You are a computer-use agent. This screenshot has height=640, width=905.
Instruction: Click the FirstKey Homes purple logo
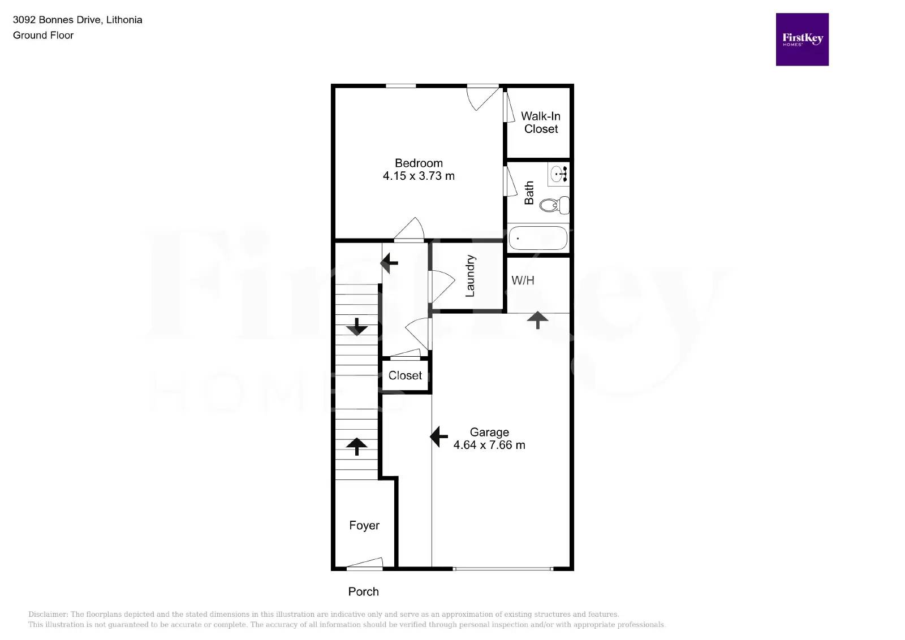point(801,40)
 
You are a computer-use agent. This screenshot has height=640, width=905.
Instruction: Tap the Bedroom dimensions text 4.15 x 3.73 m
point(419,176)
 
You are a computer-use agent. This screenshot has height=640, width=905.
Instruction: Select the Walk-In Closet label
point(541,123)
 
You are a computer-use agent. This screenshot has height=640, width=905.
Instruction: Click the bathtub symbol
point(537,239)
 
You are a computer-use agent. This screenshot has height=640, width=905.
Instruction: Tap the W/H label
point(523,280)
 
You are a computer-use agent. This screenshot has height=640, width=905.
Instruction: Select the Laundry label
point(470,276)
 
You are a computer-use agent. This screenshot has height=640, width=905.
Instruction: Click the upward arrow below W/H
point(537,320)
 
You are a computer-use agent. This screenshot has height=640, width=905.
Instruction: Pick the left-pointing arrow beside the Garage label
point(439,436)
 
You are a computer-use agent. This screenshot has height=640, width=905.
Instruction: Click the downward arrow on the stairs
point(356,327)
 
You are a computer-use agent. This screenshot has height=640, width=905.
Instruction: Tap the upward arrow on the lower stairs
point(356,446)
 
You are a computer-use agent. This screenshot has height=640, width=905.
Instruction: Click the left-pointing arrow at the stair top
point(389,263)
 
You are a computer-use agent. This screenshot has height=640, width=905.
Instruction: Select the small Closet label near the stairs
point(405,375)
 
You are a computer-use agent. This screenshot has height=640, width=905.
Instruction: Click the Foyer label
point(364,525)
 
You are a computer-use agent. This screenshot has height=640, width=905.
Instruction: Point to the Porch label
point(363,591)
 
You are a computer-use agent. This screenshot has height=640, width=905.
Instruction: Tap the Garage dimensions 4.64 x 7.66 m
point(489,445)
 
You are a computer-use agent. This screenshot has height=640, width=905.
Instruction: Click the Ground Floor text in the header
point(44,35)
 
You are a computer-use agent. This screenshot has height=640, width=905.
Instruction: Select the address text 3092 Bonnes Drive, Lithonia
point(77,20)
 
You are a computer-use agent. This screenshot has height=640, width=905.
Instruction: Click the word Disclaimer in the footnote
point(48,614)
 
